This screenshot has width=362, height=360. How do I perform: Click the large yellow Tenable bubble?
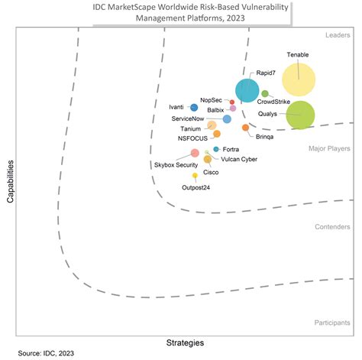(x=298, y=79)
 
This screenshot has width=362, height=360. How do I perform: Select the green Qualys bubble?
(x=300, y=115)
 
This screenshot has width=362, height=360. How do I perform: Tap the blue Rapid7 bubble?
(x=246, y=90)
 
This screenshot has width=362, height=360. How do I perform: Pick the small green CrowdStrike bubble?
(x=265, y=93)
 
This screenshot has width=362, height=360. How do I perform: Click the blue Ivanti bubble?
(x=194, y=108)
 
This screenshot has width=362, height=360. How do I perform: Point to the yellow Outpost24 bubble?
(x=195, y=176)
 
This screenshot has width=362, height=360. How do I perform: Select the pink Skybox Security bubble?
(x=195, y=153)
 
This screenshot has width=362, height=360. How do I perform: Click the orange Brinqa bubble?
(x=245, y=128)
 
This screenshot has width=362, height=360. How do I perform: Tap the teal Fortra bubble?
(x=217, y=148)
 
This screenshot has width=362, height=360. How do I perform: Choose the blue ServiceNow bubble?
(x=227, y=118)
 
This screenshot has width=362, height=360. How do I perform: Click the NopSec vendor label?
(x=211, y=99)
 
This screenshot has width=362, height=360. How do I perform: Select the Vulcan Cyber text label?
(x=239, y=159)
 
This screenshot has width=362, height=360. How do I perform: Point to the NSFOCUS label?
(x=193, y=138)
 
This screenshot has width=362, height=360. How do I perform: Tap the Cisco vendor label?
(x=210, y=173)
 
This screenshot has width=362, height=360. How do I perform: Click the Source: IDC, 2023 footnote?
(x=47, y=353)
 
